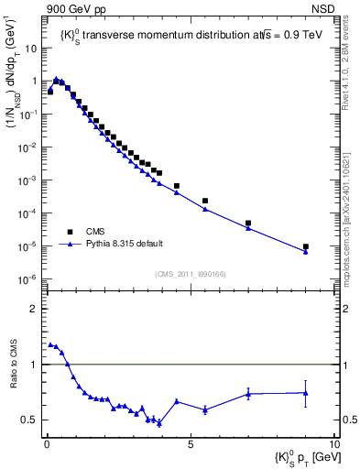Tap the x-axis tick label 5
[x=191, y=442]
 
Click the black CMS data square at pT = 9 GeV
[x=306, y=246]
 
